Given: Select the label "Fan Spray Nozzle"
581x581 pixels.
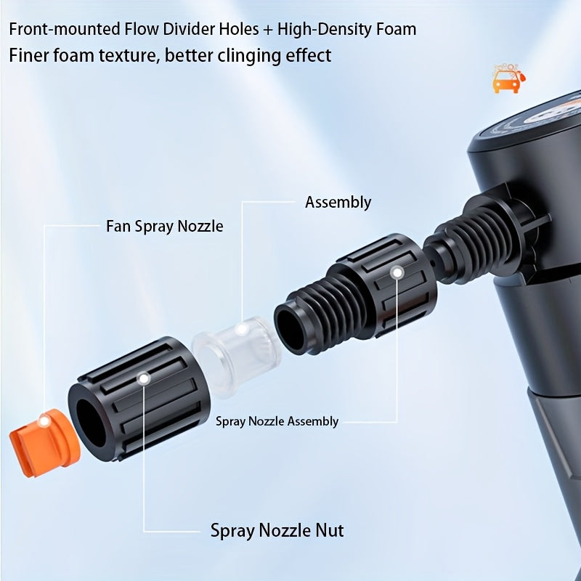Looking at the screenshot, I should (x=165, y=226).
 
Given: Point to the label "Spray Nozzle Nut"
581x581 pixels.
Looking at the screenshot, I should (x=277, y=530).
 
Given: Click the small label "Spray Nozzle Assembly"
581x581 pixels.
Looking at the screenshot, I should (x=277, y=421).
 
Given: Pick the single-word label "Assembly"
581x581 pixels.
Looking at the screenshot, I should (x=338, y=202).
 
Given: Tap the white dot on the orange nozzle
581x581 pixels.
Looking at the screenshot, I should (x=44, y=420).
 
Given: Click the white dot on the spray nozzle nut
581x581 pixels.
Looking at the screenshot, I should (x=144, y=378).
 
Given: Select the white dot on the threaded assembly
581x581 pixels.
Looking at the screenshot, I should (x=397, y=273).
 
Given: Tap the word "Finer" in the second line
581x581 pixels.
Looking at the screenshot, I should (x=28, y=55).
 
